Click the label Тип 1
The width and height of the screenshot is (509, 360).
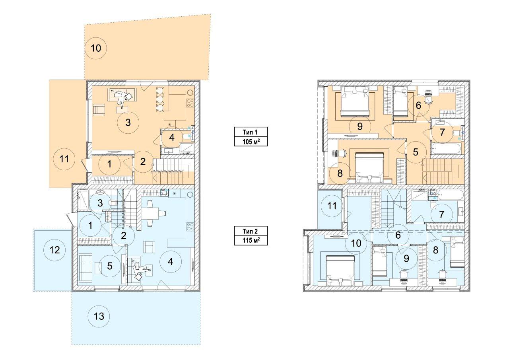click(250, 132)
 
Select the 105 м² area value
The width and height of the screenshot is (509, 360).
click(251, 142)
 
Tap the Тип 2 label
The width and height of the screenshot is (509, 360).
click(250, 232)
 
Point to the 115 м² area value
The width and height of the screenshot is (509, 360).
click(251, 240)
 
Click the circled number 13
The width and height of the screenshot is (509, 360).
click(99, 316)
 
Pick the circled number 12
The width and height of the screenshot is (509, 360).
click(54, 250)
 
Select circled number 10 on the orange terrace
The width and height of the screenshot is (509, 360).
click(96, 48)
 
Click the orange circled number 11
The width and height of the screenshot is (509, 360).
click(64, 159)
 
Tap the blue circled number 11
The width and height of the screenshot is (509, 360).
click(332, 206)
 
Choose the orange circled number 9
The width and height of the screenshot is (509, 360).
click(360, 126)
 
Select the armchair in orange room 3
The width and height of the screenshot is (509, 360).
click(99, 110)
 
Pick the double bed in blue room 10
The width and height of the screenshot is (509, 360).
click(340, 270)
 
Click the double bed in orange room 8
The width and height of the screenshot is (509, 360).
click(369, 167)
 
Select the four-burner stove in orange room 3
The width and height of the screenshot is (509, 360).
click(190, 103)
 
